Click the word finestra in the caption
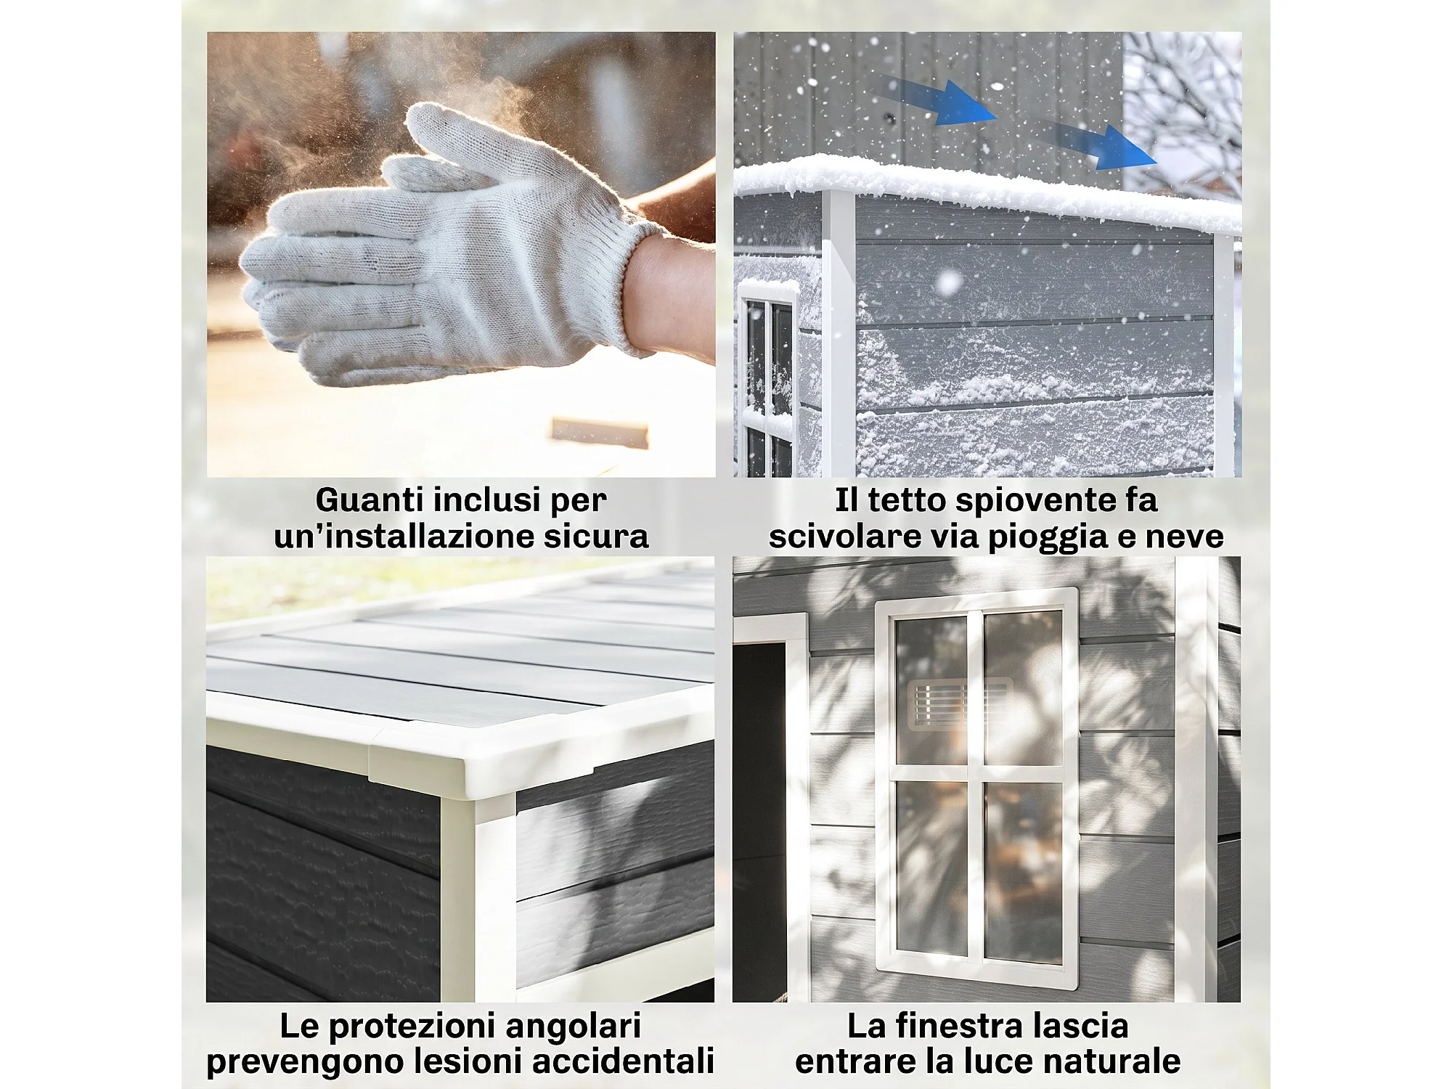(962, 1026)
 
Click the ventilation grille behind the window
(958, 703)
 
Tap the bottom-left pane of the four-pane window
(931, 868)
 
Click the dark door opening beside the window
(759, 820)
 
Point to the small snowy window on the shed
(767, 378)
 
